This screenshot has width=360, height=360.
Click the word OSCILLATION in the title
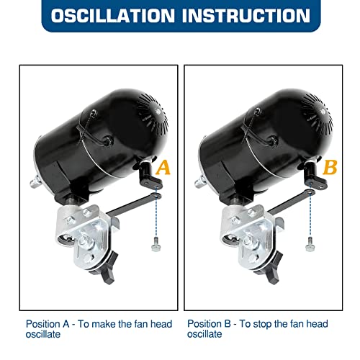click(x=113, y=16)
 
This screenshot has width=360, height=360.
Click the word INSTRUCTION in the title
click(x=246, y=16)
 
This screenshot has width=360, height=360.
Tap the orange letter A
click(x=163, y=168)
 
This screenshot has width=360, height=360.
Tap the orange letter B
click(x=330, y=167)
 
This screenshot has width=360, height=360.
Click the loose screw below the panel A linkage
click(x=156, y=244)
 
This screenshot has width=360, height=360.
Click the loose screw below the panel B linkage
click(x=310, y=244)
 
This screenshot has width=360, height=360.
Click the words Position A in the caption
click(x=48, y=324)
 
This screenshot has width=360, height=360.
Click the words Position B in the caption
click(x=209, y=324)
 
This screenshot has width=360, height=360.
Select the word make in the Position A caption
click(x=104, y=324)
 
